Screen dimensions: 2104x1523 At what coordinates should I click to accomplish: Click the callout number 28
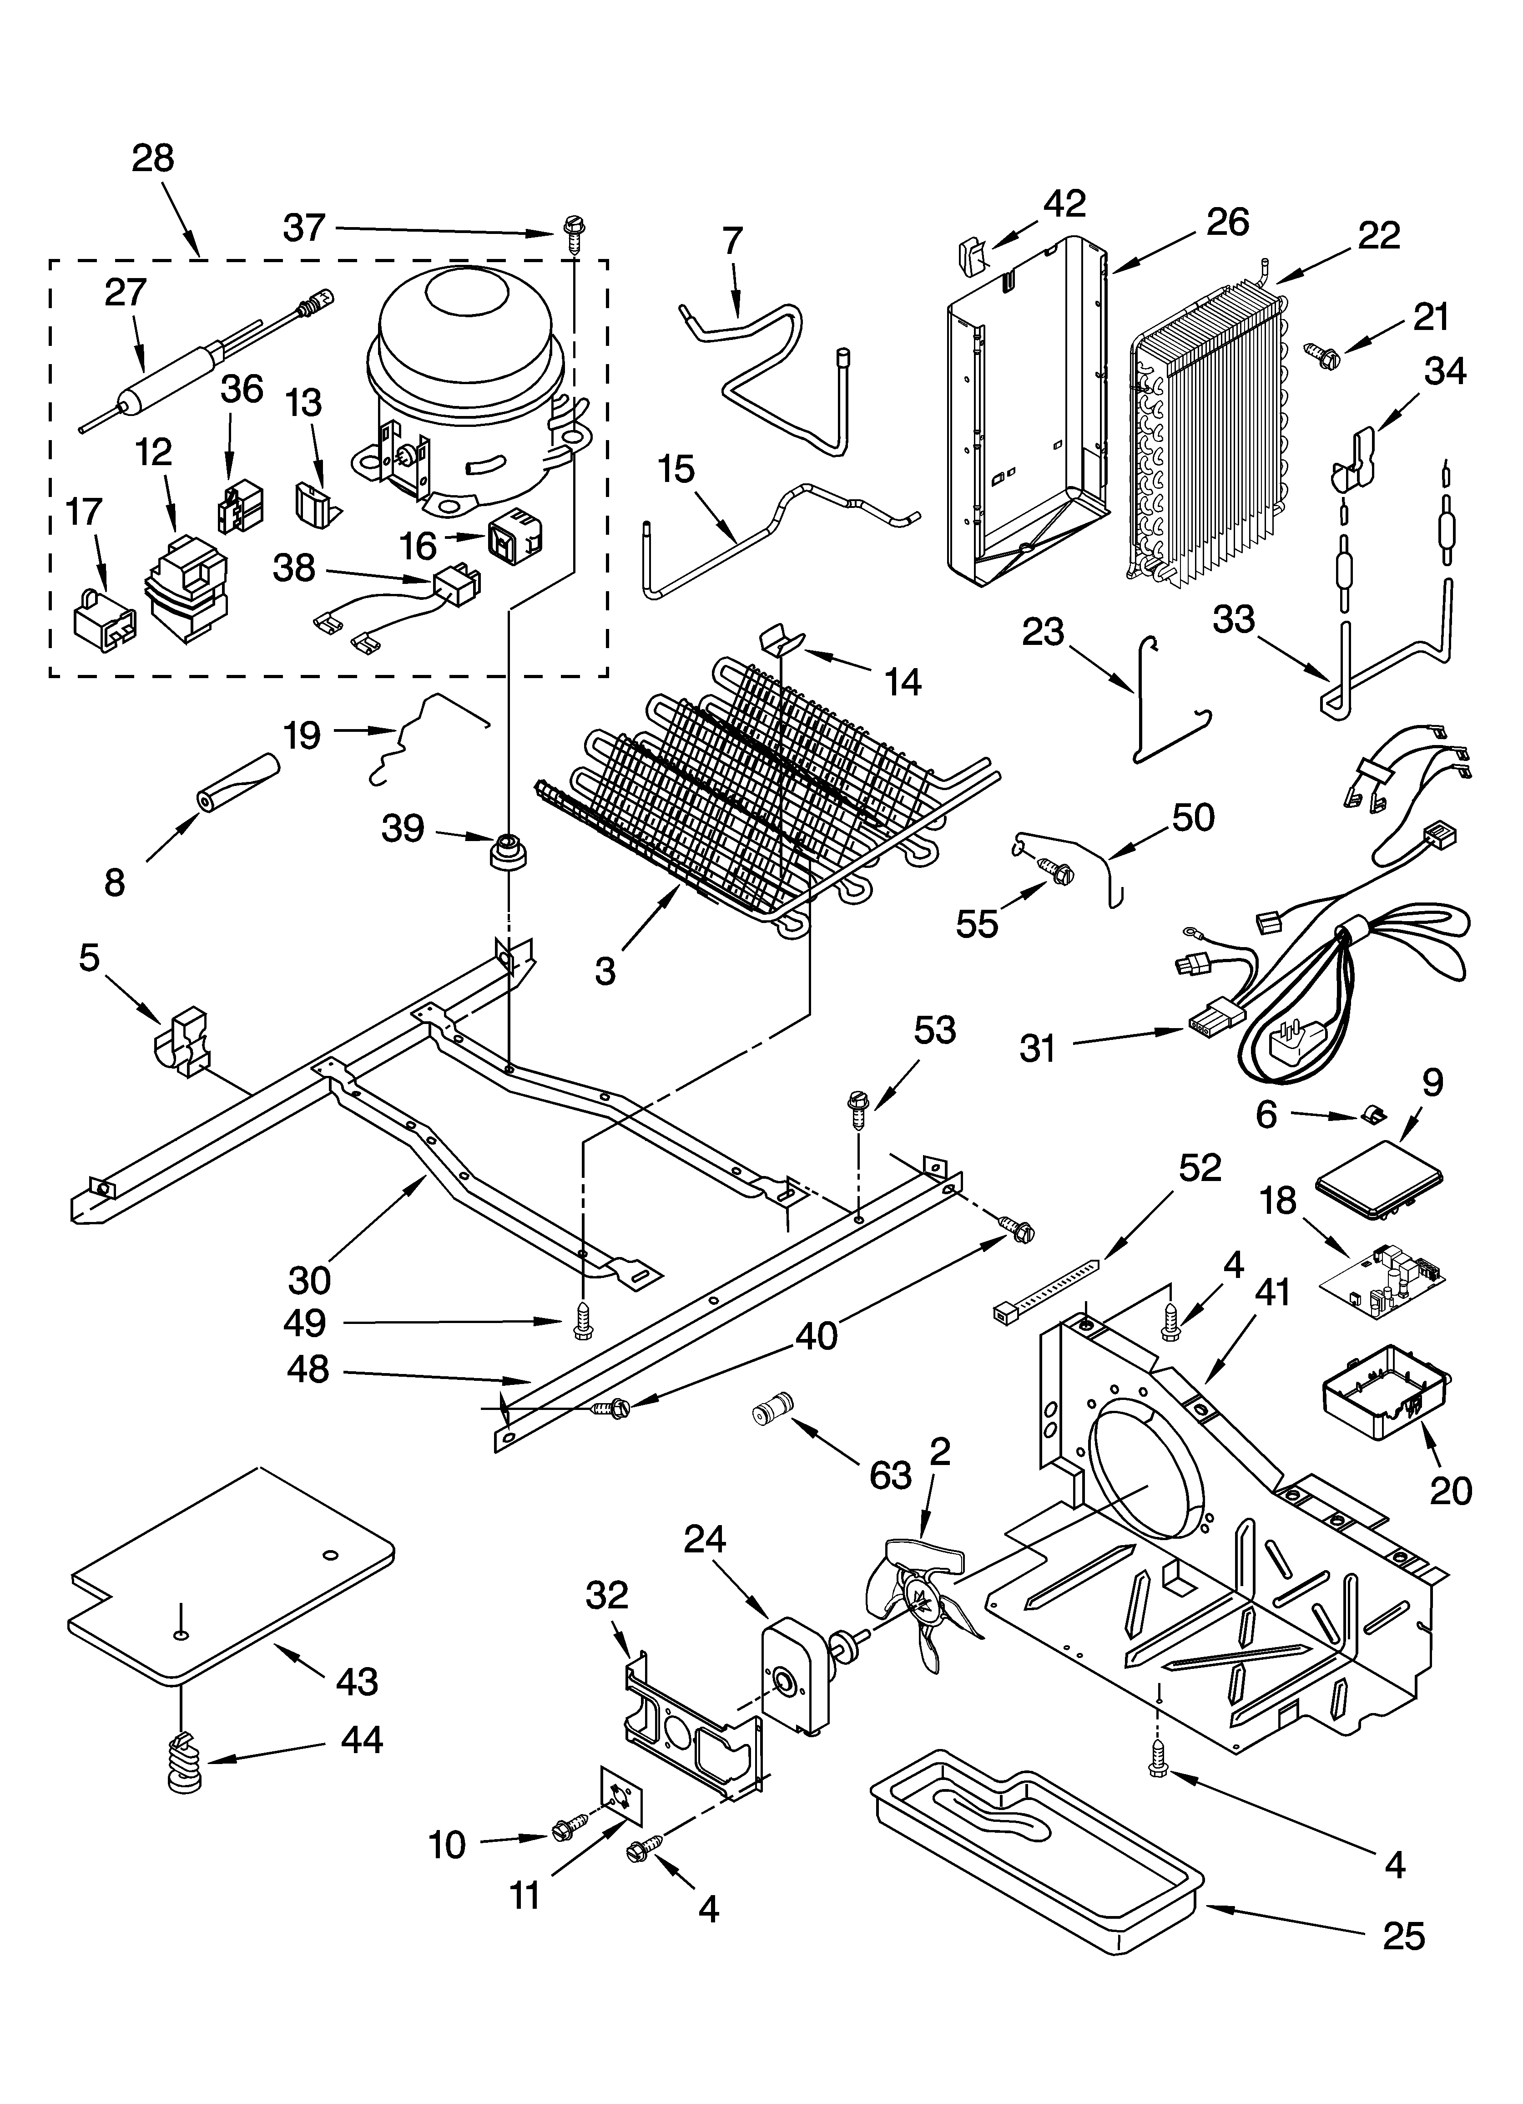coord(153,159)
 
